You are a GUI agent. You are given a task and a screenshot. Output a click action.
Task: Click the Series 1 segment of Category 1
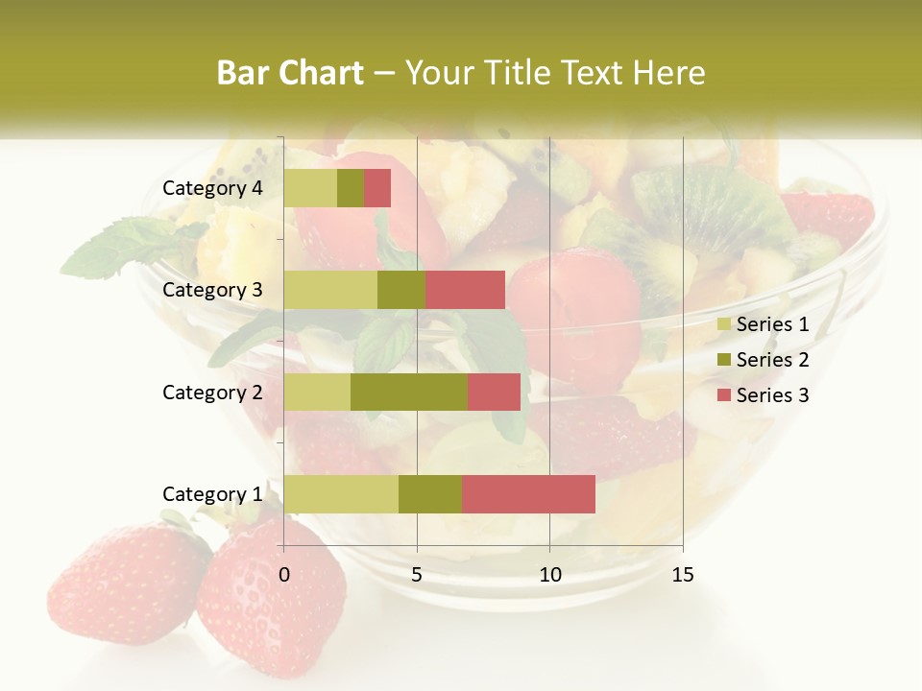pos(341,493)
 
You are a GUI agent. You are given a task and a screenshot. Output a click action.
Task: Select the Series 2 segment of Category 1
pos(430,493)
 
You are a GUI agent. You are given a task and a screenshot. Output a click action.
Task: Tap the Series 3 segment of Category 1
pos(528,493)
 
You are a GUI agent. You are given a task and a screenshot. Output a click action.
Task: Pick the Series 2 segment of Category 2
pos(409,392)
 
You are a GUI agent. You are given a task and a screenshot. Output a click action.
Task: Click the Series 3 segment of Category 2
pos(494,392)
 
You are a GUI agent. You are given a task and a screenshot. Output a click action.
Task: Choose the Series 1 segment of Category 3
pos(330,290)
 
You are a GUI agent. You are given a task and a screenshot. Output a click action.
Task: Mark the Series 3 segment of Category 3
pos(465,290)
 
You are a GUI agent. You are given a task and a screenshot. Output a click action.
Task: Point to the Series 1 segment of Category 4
pos(310,188)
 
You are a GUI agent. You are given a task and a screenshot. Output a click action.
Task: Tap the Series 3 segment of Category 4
pos(377,188)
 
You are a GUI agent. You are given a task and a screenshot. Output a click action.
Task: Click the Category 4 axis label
pos(212,188)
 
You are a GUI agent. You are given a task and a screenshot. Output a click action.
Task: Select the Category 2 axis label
pos(212,392)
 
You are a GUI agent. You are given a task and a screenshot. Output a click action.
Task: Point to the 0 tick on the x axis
pos(284,575)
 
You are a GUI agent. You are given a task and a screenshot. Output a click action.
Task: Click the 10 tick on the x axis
pos(549,575)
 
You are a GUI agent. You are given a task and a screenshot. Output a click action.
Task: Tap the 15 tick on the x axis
pos(683,575)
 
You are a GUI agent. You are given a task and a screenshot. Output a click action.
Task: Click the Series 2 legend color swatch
pos(723,360)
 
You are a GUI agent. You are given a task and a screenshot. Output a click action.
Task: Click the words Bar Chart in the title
pos(290,73)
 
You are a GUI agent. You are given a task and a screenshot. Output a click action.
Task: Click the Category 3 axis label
pos(212,290)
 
